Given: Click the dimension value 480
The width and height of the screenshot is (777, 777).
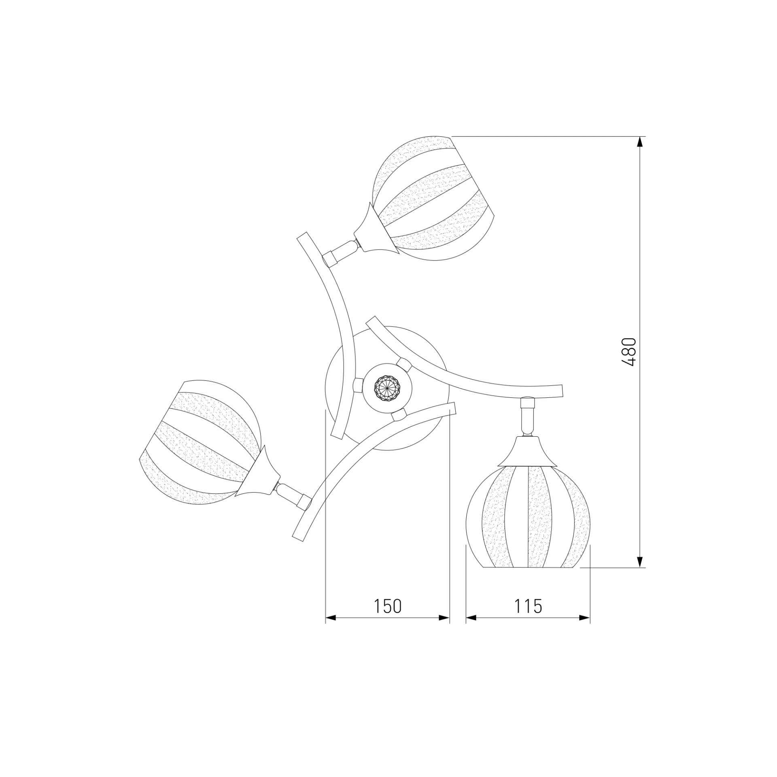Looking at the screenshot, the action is tap(628, 352).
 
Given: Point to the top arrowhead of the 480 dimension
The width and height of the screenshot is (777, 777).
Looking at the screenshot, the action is tap(639, 143).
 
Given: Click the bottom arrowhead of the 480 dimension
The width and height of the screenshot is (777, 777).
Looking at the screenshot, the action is tap(639, 561).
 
